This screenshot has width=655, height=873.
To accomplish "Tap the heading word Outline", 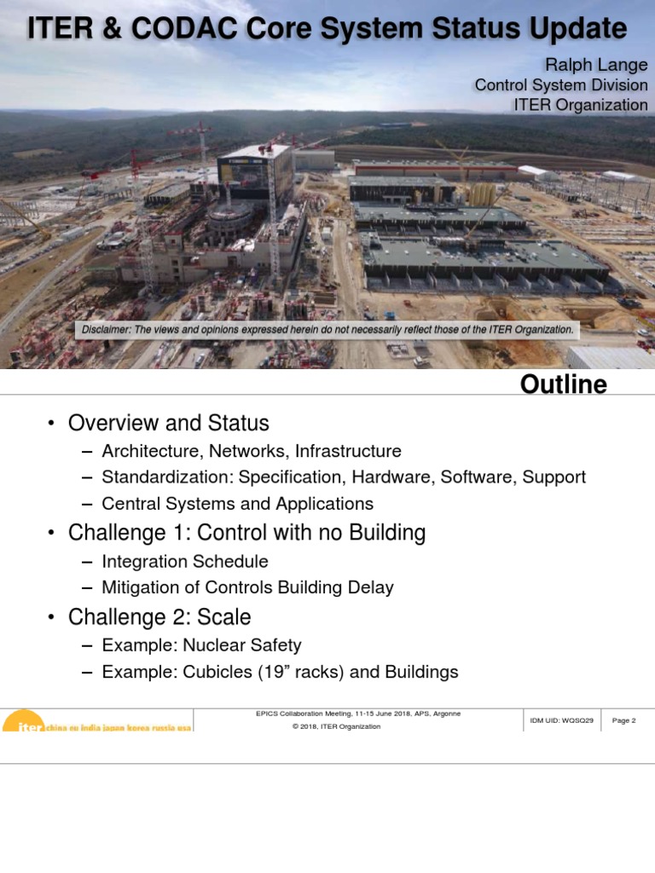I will pos(564,384).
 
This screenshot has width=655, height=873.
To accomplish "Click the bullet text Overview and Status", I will pos(168,423).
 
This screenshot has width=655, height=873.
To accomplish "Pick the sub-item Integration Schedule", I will pos(185,562).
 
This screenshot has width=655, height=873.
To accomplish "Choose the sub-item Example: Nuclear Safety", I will pos(201,646).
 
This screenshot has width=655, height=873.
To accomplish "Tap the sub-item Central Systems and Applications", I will pos(237,504).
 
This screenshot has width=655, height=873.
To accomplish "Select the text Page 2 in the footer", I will pos(623,720).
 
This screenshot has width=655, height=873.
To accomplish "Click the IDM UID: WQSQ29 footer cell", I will pos(561,720).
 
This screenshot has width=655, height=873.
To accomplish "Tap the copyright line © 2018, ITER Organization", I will pos(336,726).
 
